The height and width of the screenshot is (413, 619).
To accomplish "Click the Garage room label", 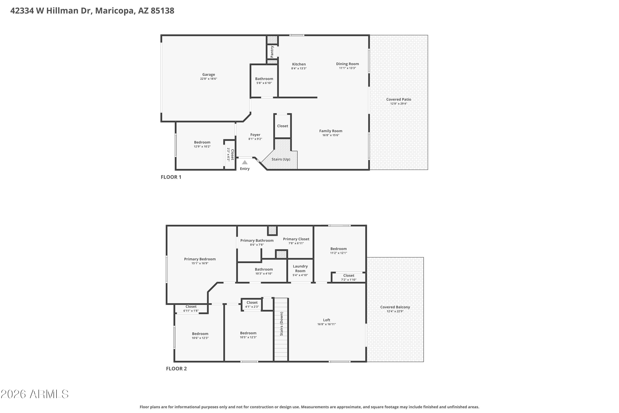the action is click(208, 75).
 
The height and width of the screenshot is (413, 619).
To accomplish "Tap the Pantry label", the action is click(272, 52).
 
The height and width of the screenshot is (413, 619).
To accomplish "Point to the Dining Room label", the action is click(347, 64).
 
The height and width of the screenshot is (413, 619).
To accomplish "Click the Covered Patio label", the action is click(398, 99).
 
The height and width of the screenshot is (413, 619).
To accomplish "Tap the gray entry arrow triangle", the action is click(245, 162).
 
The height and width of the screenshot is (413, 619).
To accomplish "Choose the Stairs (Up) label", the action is click(281, 159).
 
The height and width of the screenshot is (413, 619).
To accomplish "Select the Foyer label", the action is click(255, 135).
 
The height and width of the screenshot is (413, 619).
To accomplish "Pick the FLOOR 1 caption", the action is click(171, 177).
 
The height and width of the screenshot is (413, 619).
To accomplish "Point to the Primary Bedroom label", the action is click(200, 259).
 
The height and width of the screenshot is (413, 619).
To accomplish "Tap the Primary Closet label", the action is click(296, 239).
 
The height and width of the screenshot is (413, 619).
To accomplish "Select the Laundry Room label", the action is click(300, 268).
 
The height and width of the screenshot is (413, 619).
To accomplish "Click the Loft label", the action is click(327, 320).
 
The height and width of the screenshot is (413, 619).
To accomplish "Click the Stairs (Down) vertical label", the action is click(281, 324).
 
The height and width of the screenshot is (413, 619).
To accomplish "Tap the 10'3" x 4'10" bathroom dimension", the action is click(264, 274).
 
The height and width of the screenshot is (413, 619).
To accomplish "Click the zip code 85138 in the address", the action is click(162, 11).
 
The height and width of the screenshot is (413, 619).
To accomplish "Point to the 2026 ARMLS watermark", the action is click(34, 394).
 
